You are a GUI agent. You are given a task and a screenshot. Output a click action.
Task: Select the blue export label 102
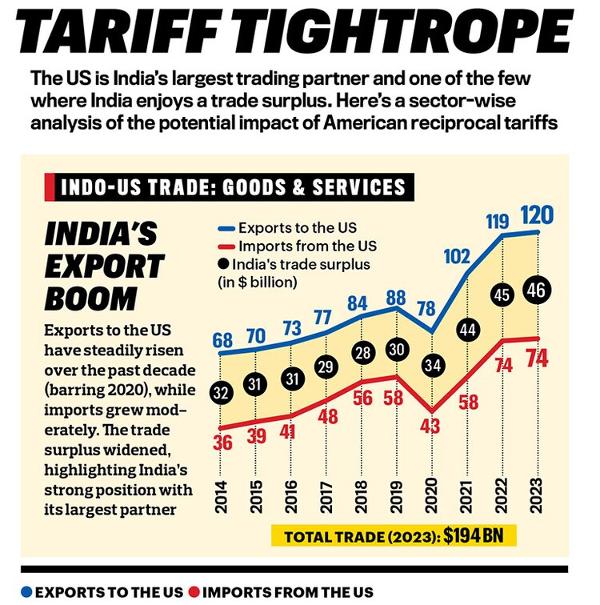tap(456, 257)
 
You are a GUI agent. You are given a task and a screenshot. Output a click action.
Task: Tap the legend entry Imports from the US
tap(300, 246)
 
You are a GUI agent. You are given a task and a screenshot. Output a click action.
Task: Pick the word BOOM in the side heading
tap(90, 298)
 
